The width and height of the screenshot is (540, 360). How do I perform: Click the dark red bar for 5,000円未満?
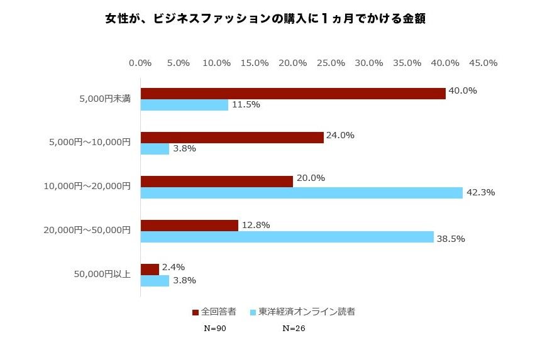293,93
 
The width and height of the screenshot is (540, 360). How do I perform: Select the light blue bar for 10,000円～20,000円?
301,193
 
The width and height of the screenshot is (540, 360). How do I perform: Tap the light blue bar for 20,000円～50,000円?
287,237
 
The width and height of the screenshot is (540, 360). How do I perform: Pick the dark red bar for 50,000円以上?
150,269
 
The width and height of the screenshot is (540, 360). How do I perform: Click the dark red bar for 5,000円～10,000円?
232,137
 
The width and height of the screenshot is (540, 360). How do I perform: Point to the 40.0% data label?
463,90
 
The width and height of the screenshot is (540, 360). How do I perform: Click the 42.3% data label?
481,192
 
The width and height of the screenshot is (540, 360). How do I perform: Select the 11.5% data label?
246,104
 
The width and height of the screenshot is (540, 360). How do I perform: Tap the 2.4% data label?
174,267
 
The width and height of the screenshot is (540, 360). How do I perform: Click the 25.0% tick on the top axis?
331,63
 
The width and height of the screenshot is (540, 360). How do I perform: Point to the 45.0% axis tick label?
483,63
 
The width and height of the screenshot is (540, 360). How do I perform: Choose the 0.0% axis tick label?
140,63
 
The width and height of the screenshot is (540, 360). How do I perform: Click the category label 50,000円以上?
102,275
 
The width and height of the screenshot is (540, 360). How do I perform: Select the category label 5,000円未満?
105,99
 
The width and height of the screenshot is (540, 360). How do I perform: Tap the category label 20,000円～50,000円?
87,231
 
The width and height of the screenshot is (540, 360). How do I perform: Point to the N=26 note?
294,328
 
